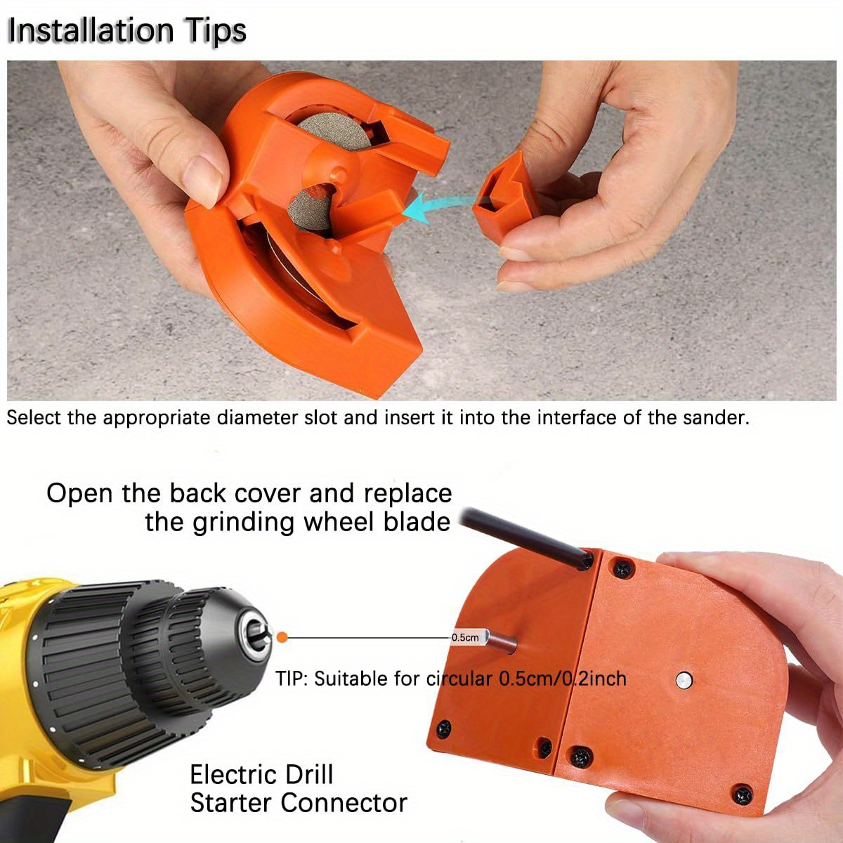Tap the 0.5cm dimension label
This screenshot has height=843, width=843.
point(465,637)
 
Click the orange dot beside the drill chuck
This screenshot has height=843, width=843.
point(282,637)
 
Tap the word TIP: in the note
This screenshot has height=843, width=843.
point(292,679)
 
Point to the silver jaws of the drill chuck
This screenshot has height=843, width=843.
point(258,636)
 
